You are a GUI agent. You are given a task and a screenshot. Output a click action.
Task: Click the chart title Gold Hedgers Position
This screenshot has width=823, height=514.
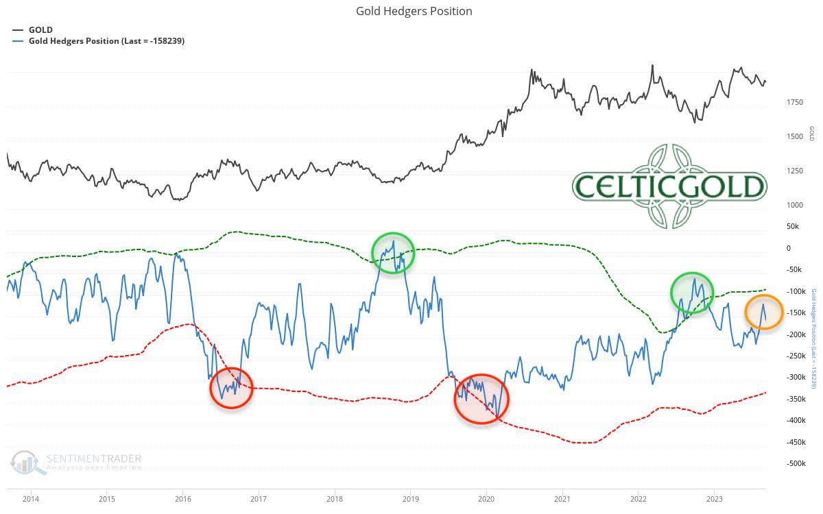pyautogui.click(x=414, y=11)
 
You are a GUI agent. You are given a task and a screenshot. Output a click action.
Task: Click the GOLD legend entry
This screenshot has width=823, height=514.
pyautogui.click(x=40, y=29)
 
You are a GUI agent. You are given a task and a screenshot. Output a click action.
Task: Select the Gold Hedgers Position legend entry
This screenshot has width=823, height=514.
pyautogui.click(x=106, y=40)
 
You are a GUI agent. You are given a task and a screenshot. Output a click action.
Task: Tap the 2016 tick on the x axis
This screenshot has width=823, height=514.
pyautogui.click(x=182, y=498)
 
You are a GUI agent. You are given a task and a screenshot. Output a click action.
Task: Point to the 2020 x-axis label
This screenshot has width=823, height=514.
pyautogui.click(x=486, y=498)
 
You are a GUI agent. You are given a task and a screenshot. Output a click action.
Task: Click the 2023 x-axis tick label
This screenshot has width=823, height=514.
pyautogui.click(x=714, y=498)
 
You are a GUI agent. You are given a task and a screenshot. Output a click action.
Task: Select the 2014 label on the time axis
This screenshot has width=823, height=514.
pyautogui.click(x=30, y=498)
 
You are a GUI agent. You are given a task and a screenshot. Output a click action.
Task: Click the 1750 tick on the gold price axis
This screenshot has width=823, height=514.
pyautogui.click(x=795, y=102)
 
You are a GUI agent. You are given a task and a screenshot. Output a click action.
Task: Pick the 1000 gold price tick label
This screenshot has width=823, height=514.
pyautogui.click(x=795, y=205)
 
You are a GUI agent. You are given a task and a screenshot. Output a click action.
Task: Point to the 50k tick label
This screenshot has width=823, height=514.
pyautogui.click(x=793, y=226)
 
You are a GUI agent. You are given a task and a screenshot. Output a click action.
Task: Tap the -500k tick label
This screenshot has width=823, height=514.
pyautogui.click(x=795, y=463)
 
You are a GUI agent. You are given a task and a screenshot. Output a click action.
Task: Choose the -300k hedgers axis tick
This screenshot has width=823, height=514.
pyautogui.click(x=795, y=377)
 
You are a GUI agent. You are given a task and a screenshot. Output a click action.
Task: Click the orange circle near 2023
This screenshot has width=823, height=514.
pyautogui.click(x=764, y=312)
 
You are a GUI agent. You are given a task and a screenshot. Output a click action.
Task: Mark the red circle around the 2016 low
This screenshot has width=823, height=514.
pyautogui.click(x=232, y=388)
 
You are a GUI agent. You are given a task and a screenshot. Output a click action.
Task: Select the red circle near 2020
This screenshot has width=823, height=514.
pyautogui.click(x=481, y=399)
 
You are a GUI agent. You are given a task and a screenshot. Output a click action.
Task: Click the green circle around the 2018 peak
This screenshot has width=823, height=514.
pyautogui.click(x=394, y=253)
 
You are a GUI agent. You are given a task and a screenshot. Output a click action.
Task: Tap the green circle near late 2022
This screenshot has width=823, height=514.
pyautogui.click(x=692, y=293)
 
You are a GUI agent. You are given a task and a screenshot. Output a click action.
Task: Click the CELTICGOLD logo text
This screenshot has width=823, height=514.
pyautogui.click(x=669, y=186)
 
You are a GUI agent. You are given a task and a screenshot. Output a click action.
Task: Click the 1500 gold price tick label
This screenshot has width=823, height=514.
pyautogui.click(x=795, y=136)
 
